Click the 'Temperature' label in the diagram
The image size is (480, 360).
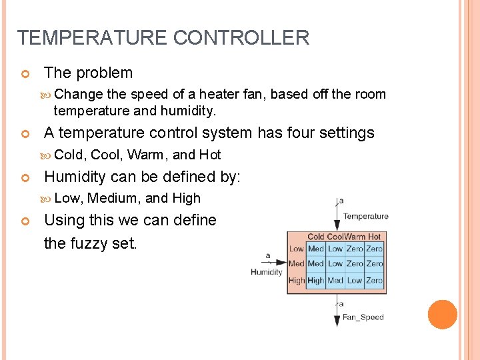point(365,216)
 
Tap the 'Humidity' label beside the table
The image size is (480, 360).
point(267,272)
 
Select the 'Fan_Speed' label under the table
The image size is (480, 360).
point(363,317)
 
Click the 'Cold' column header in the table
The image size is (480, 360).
point(316,237)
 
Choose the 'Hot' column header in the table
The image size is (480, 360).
point(375,237)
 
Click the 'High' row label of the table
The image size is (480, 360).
point(297,281)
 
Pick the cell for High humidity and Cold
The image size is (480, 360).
point(316,281)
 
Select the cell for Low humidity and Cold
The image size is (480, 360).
point(316,249)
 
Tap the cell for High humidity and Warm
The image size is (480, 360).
point(355,281)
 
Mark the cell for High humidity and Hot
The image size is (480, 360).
point(375,281)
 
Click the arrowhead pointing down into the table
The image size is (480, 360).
point(337,227)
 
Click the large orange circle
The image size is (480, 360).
point(442,315)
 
